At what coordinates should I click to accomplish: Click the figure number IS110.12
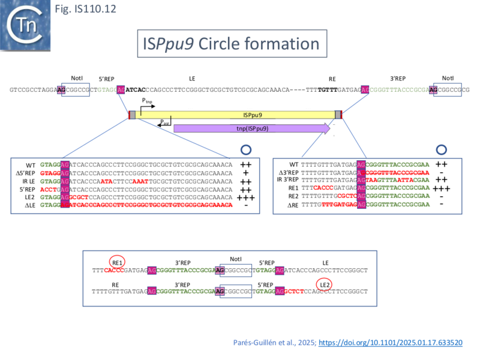(77, 10)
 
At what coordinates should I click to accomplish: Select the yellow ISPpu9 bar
(235, 115)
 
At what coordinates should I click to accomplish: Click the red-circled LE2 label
(325, 283)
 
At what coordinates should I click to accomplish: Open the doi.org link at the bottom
(390, 343)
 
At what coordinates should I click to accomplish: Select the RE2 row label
(292, 197)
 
